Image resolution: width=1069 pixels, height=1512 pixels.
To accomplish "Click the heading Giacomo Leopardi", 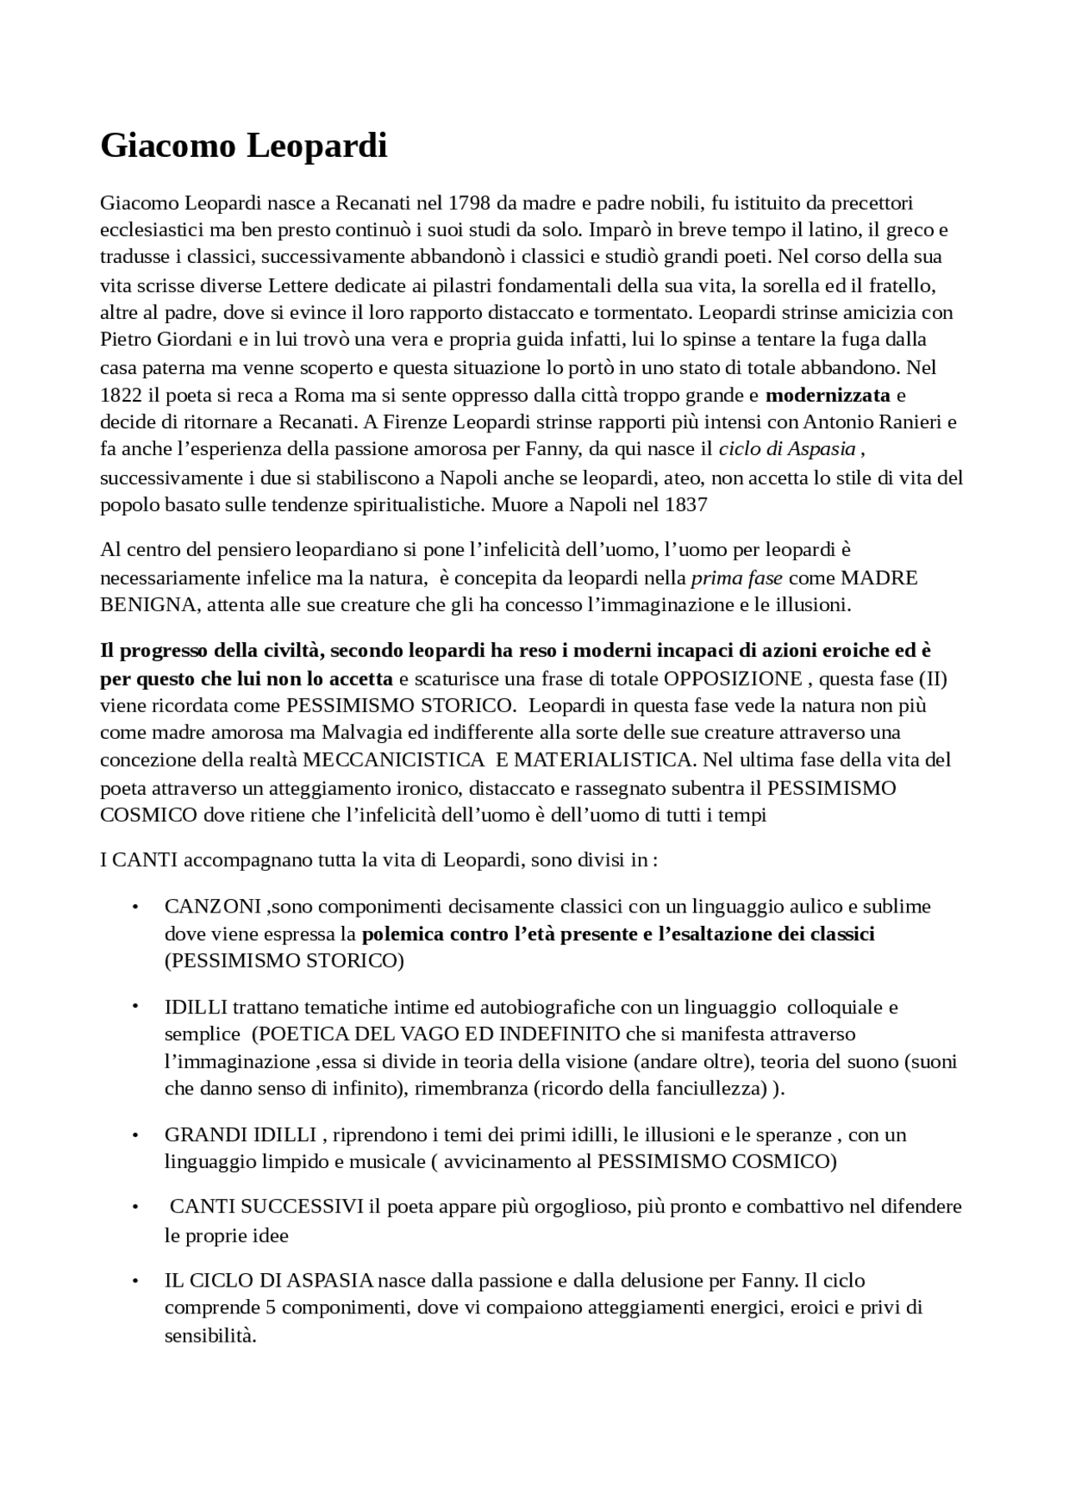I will point(244,145).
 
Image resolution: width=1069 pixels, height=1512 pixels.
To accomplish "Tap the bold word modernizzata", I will point(828,395).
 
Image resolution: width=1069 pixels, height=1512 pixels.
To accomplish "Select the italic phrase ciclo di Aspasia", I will point(787,449).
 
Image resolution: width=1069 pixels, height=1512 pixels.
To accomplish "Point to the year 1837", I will point(686,505).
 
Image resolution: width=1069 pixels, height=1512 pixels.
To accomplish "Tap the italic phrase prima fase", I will point(737,578).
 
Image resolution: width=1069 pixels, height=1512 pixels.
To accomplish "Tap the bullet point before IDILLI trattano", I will point(134,1006).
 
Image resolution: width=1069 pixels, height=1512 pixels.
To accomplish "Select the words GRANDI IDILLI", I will point(241,1135).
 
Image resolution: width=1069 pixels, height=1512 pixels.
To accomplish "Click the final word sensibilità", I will point(210,1335).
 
